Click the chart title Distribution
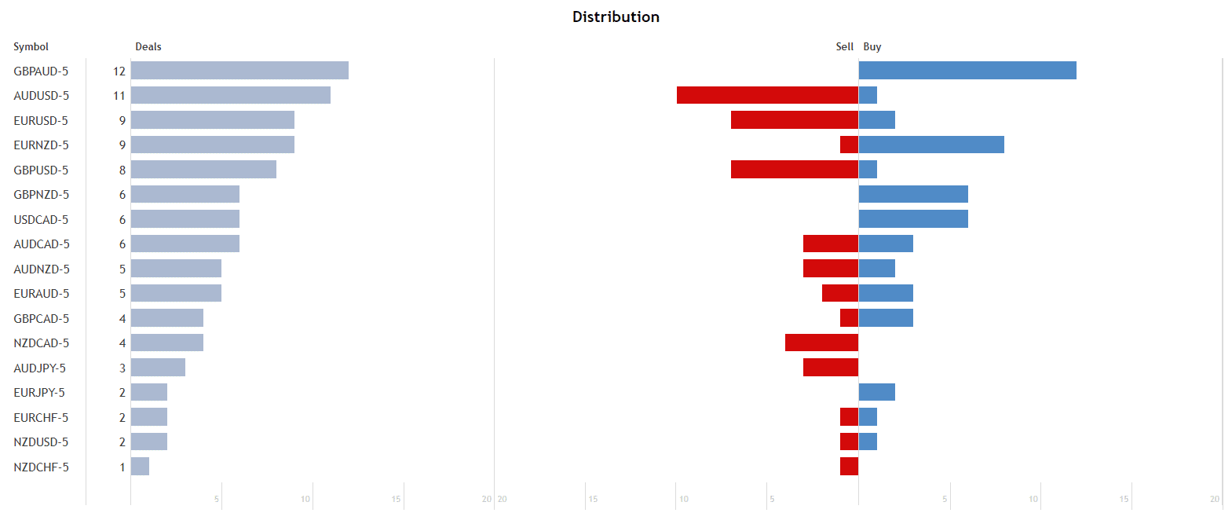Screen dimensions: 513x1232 [x=616, y=16]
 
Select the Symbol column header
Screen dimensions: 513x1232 [x=31, y=47]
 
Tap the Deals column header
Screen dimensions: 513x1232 [x=148, y=47]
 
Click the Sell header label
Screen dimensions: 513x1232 [x=844, y=47]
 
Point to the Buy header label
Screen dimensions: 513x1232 [x=872, y=47]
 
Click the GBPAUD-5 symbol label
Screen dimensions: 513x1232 [x=41, y=71]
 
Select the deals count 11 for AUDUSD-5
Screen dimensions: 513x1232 [x=119, y=96]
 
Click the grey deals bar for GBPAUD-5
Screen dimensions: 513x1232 [x=239, y=71]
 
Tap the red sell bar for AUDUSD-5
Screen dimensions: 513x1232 [x=767, y=95]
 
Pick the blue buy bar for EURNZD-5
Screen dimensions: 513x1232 [x=931, y=145]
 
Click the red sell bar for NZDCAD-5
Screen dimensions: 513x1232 [x=821, y=343]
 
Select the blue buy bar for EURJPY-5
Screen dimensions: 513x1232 [x=876, y=392]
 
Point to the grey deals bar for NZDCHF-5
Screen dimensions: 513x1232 [x=140, y=467]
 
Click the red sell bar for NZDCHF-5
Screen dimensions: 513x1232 [x=849, y=467]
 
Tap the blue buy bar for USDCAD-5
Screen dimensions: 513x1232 [x=913, y=219]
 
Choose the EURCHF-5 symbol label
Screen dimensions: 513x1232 [x=41, y=418]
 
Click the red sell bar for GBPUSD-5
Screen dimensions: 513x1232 [x=794, y=170]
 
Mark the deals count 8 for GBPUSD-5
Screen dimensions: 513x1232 [x=122, y=170]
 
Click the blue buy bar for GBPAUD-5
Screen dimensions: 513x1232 [x=967, y=71]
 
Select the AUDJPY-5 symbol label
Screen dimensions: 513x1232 [x=39, y=368]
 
